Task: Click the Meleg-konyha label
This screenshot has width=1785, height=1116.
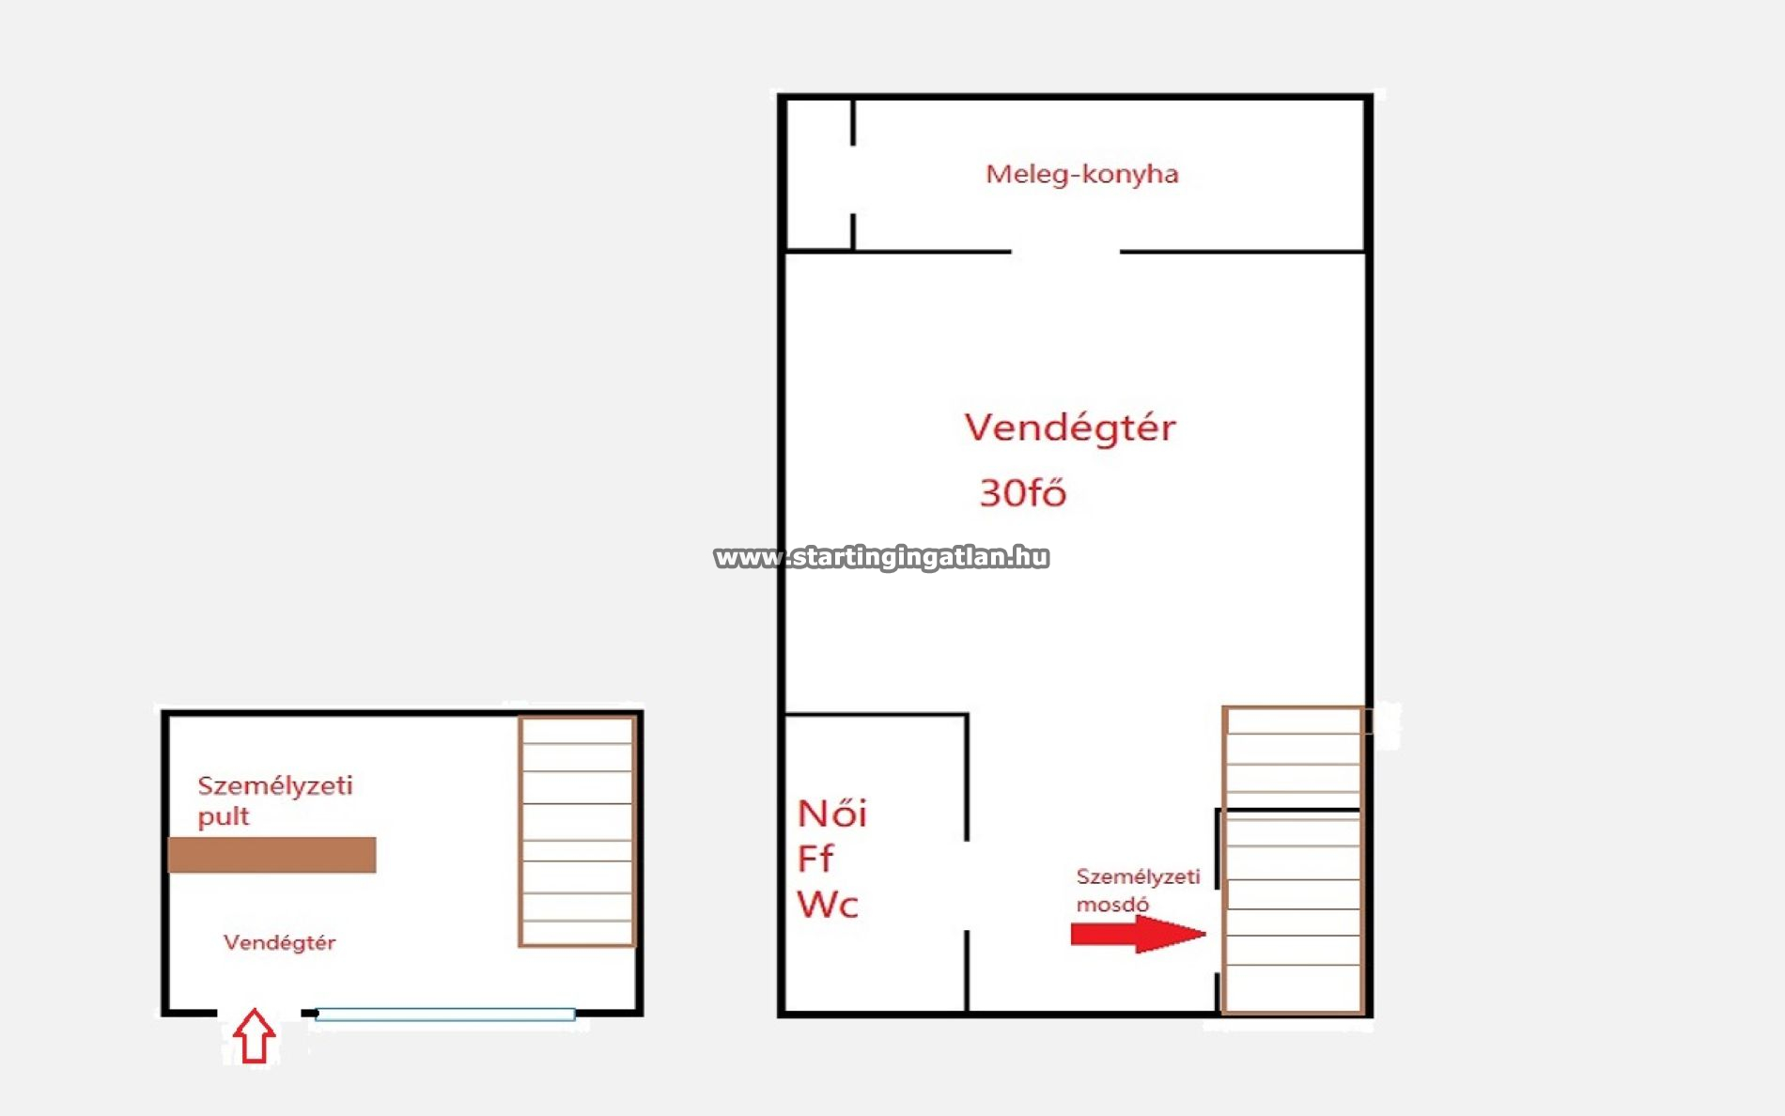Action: tap(1081, 175)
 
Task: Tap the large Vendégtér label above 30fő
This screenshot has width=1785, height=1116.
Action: tap(1070, 427)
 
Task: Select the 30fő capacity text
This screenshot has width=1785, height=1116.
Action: tap(1023, 492)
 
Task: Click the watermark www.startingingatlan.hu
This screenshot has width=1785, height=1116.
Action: tap(881, 557)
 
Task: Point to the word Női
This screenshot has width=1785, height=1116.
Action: tap(832, 814)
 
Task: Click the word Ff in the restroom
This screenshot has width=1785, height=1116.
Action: tap(815, 858)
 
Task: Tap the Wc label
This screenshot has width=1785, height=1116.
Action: tap(828, 904)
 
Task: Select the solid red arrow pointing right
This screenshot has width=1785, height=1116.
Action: tap(1139, 934)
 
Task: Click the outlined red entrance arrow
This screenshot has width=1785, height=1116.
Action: tap(254, 1036)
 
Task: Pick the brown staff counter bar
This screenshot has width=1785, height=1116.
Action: tap(272, 855)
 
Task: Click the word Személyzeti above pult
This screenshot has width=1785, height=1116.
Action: tap(275, 785)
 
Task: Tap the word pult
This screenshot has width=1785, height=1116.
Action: tap(224, 816)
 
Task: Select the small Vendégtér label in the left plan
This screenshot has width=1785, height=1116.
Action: tap(279, 942)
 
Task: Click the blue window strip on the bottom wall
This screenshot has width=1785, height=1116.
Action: tap(445, 1015)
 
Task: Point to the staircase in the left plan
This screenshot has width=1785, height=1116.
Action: tap(577, 831)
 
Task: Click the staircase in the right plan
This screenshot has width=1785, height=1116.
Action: tap(1293, 860)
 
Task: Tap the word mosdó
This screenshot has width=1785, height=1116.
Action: tap(1112, 905)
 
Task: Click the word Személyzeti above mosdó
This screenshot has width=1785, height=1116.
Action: tap(1138, 876)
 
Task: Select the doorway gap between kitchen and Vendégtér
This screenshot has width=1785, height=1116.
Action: tap(1065, 252)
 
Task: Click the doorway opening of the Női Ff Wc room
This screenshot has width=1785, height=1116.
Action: tap(968, 886)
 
